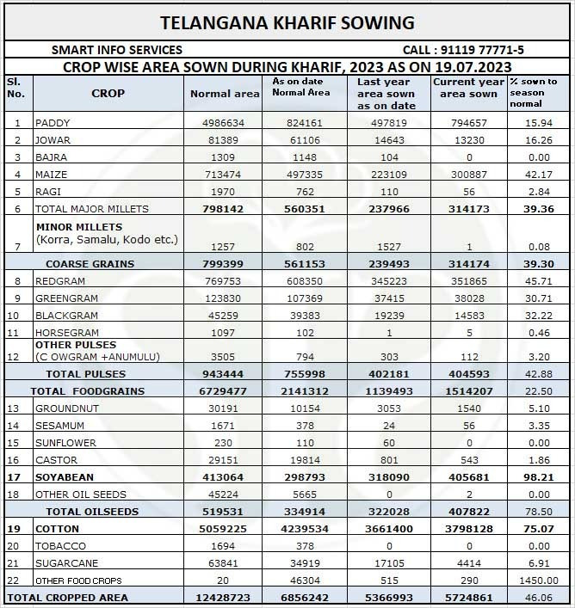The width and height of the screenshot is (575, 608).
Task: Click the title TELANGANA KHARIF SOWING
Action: click(x=287, y=22)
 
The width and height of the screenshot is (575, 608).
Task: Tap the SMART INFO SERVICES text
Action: click(x=117, y=51)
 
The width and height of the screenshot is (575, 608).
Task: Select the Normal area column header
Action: click(x=224, y=94)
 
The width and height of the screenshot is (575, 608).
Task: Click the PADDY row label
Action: click(x=53, y=123)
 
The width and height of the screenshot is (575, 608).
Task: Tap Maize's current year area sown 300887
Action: click(x=465, y=175)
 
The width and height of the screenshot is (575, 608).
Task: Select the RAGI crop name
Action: click(x=49, y=192)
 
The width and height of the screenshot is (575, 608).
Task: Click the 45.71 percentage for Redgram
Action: click(x=537, y=282)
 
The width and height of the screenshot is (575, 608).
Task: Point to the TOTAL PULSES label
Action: click(x=85, y=374)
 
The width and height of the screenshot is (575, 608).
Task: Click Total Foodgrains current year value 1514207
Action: click(x=465, y=391)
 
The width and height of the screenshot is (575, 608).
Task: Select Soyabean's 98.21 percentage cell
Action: click(x=537, y=477)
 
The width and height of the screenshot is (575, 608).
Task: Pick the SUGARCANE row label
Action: click(x=65, y=563)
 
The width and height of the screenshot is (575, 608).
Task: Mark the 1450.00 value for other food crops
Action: click(x=537, y=580)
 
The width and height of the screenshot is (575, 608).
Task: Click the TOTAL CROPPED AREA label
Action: click(x=68, y=598)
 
